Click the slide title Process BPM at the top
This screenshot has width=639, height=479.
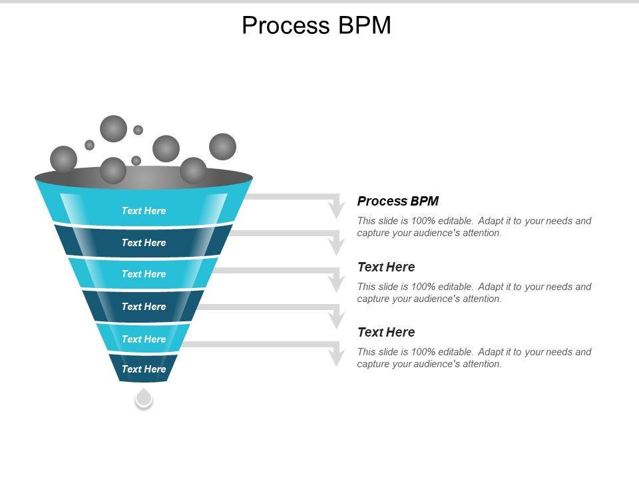pos(316,25)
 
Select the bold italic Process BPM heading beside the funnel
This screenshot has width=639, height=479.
pos(398,201)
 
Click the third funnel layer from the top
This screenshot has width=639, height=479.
pos(144,273)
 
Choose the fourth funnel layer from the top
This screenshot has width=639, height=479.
pos(144,306)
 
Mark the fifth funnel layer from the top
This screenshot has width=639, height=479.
pos(144,339)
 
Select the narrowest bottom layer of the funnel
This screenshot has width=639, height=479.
pos(144,369)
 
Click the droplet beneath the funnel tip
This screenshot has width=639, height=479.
pos(144,399)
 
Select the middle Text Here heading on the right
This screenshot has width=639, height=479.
pos(386,267)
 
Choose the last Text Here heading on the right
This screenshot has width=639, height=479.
pos(386,332)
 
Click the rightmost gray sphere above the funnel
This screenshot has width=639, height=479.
pos(222,146)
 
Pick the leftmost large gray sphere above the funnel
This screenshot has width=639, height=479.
pos(63,159)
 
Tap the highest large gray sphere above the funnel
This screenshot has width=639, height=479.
pos(113,128)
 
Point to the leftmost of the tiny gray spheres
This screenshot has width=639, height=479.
pos(89,144)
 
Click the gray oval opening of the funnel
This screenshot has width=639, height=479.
pos(144,178)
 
